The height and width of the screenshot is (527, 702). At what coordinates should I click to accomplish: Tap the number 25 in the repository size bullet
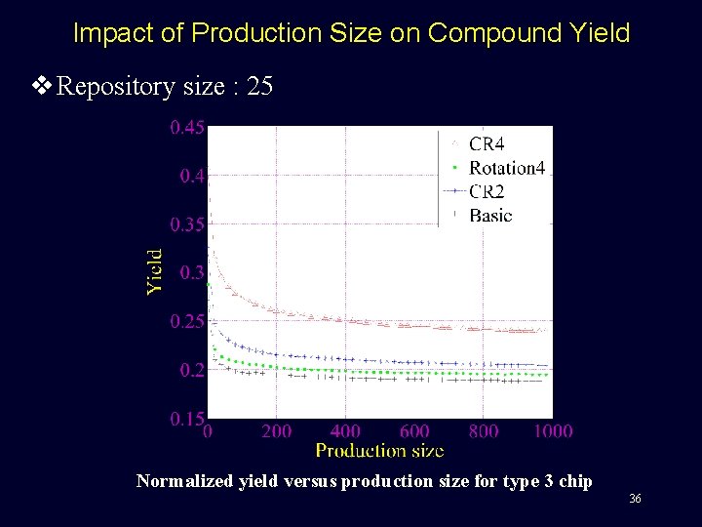[x=260, y=87]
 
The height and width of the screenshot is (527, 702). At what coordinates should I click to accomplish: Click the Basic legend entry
[x=489, y=215]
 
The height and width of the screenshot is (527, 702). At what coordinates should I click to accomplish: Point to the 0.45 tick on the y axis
[x=187, y=127]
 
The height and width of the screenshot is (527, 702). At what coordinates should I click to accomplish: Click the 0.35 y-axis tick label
[x=187, y=224]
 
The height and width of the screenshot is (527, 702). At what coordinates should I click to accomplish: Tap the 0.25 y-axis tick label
[x=187, y=321]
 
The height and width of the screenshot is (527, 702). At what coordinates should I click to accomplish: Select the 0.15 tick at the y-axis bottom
[x=187, y=419]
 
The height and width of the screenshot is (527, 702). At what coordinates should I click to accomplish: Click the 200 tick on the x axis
[x=276, y=430]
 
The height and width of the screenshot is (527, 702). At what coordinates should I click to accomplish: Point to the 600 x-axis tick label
[x=414, y=430]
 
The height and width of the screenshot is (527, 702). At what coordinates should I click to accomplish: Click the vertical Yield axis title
[x=155, y=270]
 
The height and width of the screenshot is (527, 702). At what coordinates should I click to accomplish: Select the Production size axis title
[x=379, y=450]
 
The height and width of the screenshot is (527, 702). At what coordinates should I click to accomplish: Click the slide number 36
[x=635, y=499]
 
